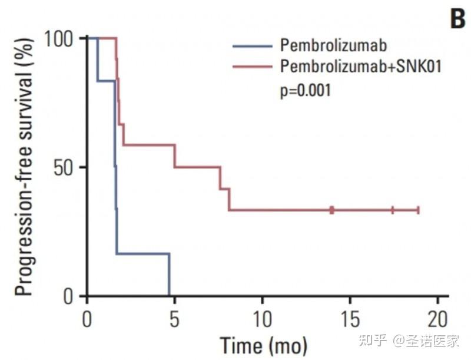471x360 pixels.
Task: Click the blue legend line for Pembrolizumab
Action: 253,45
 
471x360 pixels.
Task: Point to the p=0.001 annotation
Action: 305,90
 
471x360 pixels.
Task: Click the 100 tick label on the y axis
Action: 61,38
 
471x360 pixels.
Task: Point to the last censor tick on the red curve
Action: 418,210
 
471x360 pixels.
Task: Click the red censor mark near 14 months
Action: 332,210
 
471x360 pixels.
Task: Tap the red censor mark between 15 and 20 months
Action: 393,210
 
